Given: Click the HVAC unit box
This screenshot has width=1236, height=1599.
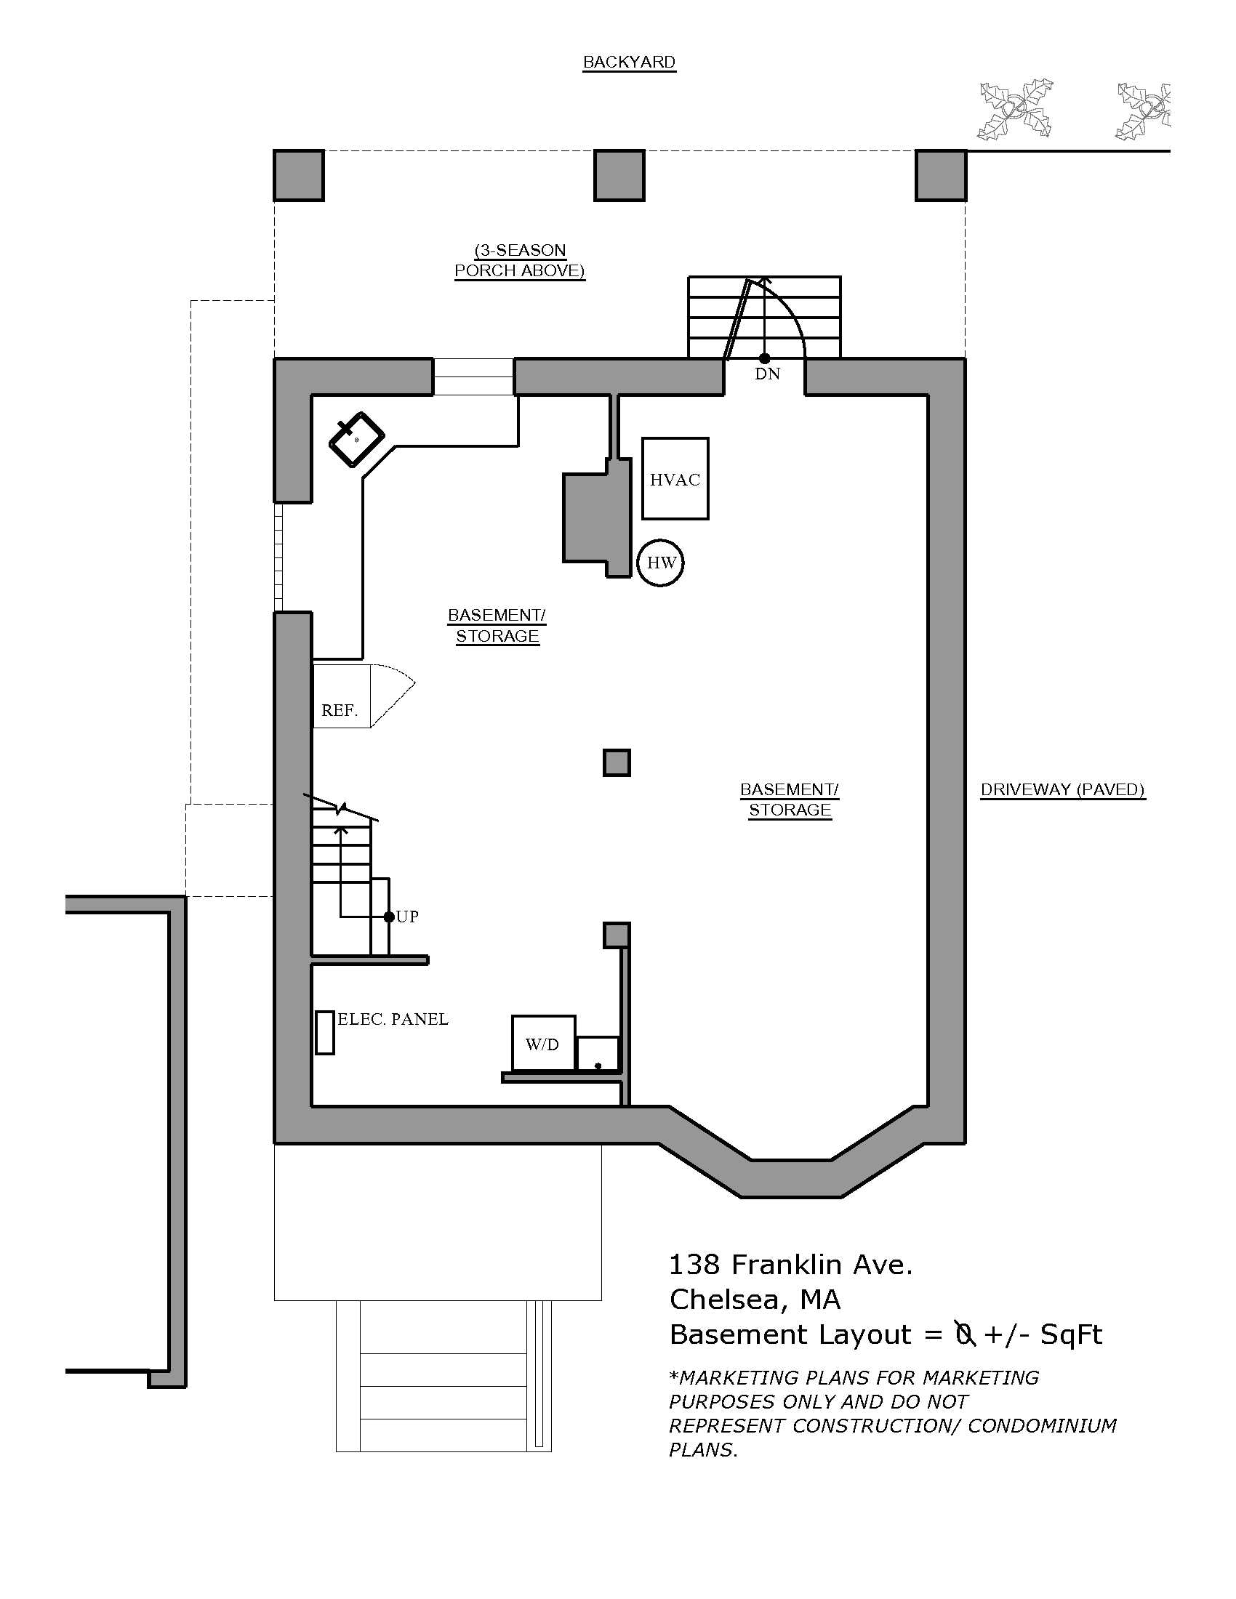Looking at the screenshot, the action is [x=675, y=479].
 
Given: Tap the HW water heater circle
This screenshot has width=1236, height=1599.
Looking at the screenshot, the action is [x=660, y=563].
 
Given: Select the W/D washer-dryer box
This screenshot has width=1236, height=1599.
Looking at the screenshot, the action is [x=543, y=1044].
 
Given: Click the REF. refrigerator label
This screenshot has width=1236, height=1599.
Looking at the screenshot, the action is [x=340, y=710].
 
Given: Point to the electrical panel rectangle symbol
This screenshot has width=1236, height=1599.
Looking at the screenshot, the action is [x=325, y=1032].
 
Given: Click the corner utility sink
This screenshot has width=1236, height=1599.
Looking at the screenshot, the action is [x=356, y=439].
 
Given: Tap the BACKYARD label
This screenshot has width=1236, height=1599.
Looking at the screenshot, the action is [x=629, y=63].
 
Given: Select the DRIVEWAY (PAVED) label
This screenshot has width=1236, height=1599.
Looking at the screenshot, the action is [x=1062, y=789].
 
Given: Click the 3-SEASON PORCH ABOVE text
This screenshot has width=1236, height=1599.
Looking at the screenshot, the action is [x=520, y=261].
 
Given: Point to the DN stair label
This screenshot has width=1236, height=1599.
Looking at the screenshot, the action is [x=767, y=374].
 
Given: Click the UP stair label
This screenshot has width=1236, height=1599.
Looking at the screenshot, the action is [x=407, y=917].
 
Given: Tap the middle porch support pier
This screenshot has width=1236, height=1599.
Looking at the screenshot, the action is [x=619, y=175].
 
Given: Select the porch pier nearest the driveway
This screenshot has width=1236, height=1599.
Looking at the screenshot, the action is [x=941, y=175].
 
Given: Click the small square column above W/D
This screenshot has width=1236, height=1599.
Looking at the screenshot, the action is [x=617, y=935].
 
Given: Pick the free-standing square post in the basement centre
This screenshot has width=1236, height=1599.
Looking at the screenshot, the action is [x=617, y=763].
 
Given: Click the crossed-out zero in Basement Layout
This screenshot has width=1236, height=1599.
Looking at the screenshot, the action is [x=965, y=1334].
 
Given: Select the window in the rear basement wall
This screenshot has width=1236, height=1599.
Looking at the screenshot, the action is [x=474, y=376].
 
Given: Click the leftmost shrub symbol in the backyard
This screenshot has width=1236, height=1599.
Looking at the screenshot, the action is [x=1015, y=109].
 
